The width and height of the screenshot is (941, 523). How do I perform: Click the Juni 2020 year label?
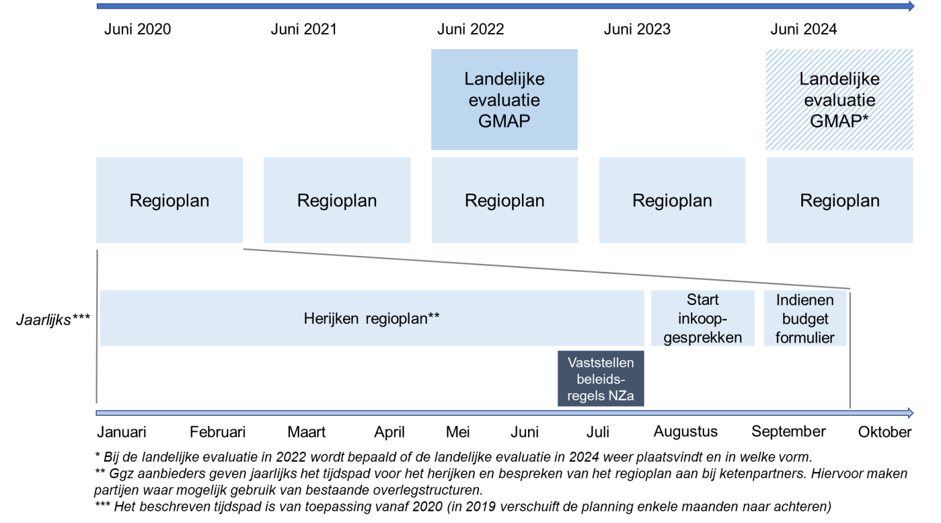tap(137, 29)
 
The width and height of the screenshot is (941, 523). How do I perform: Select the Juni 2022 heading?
tap(470, 29)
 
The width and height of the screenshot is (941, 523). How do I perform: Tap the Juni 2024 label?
tap(803, 29)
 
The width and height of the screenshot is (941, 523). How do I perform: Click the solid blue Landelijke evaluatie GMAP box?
tap(504, 100)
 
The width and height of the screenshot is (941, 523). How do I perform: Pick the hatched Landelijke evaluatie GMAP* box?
tap(839, 100)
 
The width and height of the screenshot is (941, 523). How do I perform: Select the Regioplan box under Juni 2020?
tap(170, 200)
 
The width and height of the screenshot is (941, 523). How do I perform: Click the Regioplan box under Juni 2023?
tap(672, 200)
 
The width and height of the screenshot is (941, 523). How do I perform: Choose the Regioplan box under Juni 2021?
tap(337, 200)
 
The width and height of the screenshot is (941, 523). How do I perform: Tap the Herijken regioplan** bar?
tap(371, 318)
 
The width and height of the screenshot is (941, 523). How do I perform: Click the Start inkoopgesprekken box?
tap(703, 318)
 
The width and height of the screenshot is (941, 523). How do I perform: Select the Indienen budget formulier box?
tap(805, 318)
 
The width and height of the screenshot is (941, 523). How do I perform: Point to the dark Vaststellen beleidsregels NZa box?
tap(600, 378)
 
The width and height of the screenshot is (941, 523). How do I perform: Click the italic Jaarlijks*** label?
tap(53, 319)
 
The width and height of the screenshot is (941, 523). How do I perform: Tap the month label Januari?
tap(122, 432)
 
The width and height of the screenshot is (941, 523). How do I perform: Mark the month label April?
tap(389, 432)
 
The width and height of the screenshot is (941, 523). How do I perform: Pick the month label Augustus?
tap(686, 432)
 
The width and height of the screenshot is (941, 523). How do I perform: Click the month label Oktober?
tap(885, 432)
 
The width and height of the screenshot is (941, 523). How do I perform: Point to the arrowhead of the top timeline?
tap(911, 6)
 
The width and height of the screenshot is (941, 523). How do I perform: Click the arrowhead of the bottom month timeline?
tap(910, 413)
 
